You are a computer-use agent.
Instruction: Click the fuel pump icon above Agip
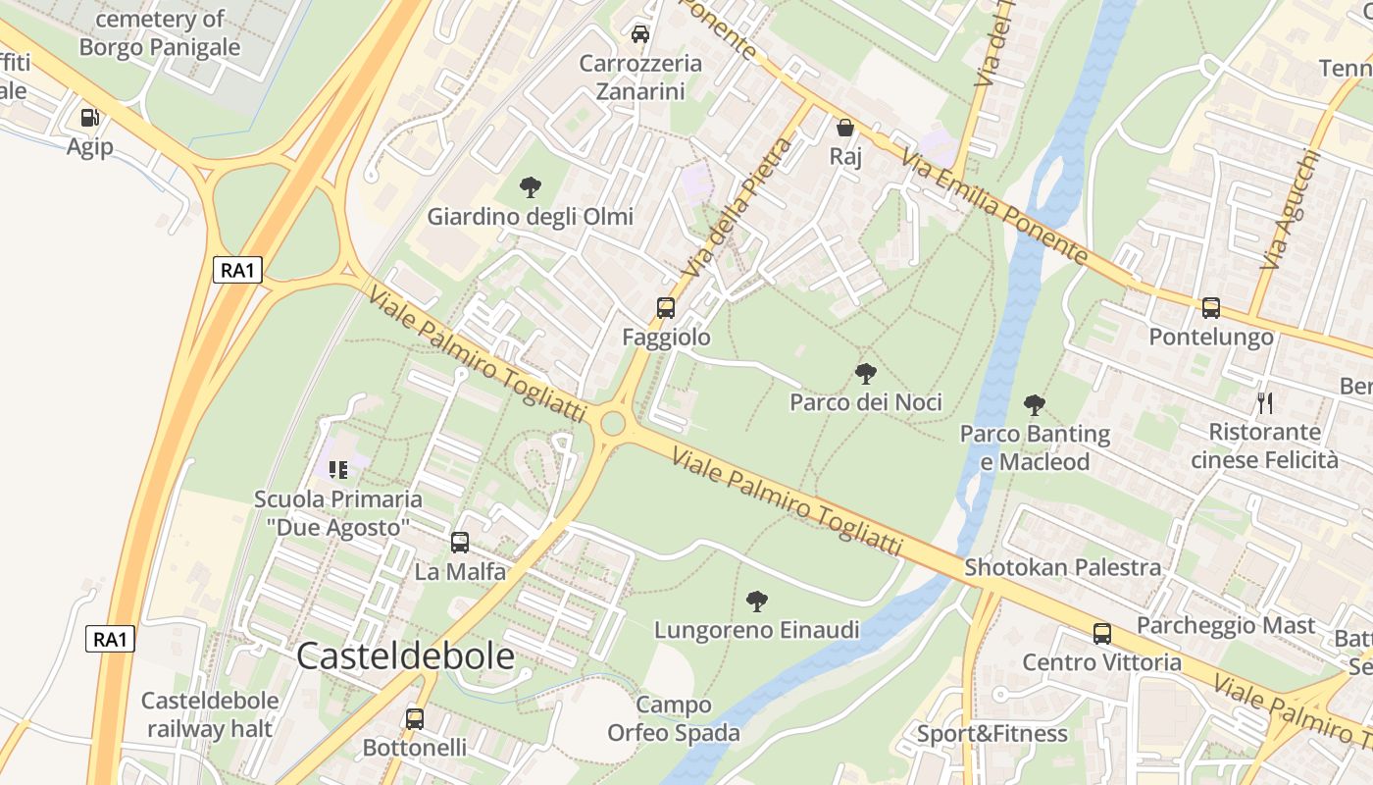pos(90,118)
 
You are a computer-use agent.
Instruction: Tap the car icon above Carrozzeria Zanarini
pos(640,34)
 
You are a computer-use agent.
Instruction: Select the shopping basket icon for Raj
pos(844,128)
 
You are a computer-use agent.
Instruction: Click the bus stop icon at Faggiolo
pos(666,308)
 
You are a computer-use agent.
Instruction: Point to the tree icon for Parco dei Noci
pos(865,374)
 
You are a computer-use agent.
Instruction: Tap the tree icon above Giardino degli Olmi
pos(531,187)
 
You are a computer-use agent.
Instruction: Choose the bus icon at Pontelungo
pos(1211,308)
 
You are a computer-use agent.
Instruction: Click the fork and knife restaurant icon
pos(1265,402)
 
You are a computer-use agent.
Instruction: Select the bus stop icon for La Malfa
pos(460,543)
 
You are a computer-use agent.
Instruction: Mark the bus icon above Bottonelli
pos(415,719)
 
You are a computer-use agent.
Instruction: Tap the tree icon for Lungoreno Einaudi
pos(756,601)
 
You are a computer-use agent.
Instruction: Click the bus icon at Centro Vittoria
pos(1102,634)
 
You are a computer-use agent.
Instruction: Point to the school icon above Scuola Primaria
pos(338,469)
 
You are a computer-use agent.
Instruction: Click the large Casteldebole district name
pos(405,656)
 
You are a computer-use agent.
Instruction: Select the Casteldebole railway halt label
pos(210,714)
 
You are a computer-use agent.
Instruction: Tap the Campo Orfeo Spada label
pos(674,718)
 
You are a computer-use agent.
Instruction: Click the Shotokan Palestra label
pos(1063,567)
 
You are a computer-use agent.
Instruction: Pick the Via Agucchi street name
pos(1289,209)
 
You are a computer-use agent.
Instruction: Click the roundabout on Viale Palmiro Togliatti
pos(613,424)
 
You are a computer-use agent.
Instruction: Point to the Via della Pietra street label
pos(737,208)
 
